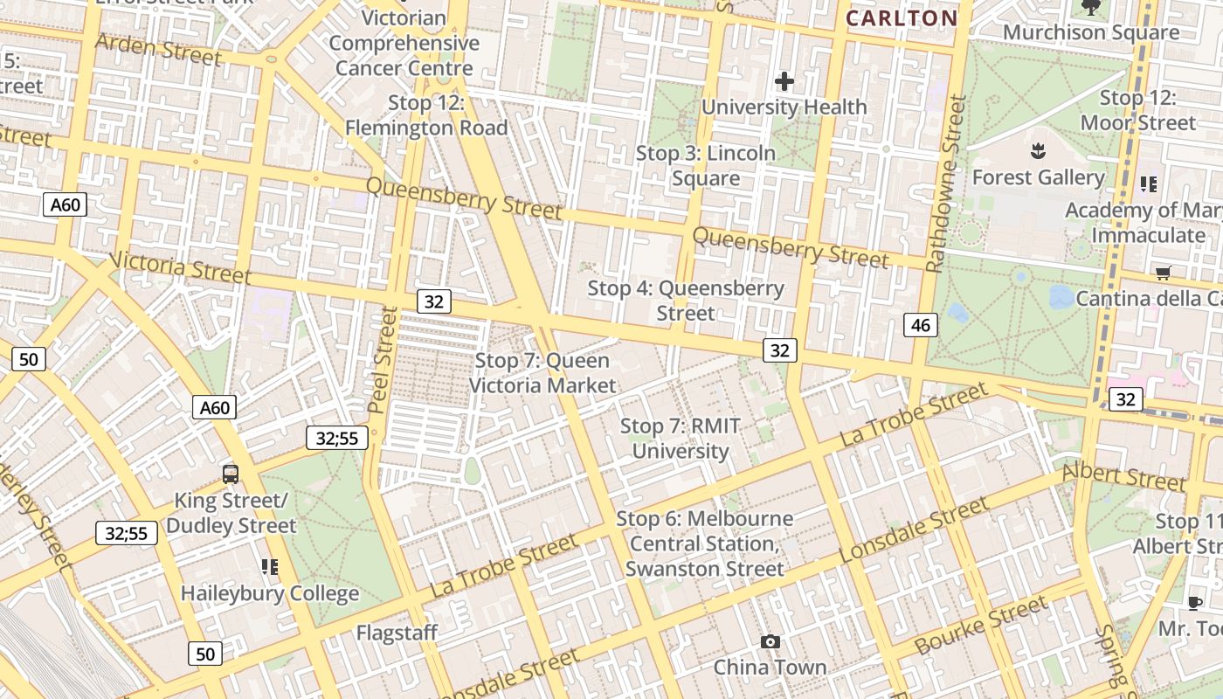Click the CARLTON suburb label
coord(902,17)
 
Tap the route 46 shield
coord(920,326)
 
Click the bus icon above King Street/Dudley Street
coord(231,474)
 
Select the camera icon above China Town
coord(770,642)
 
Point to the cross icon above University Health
coord(784,81)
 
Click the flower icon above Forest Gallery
coord(1038,150)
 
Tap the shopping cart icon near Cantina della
coord(1163,273)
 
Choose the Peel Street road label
coord(383,359)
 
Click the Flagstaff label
coord(397,632)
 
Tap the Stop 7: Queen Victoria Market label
coord(542,372)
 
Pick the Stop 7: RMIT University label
coord(681,439)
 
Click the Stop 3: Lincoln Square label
coord(706,165)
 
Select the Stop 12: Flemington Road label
coord(426,115)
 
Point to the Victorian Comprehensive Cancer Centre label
coord(404,43)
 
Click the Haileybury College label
coord(270,593)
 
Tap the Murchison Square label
coord(1091,33)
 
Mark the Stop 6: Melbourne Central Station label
coord(705,543)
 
